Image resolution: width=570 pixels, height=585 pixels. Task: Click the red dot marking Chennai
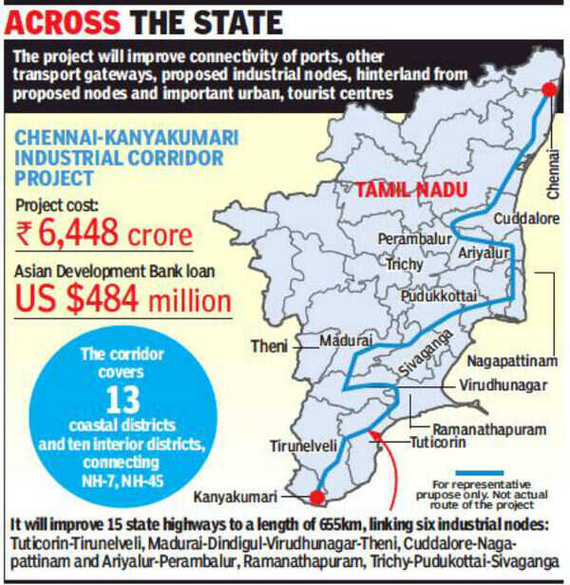(x=548, y=90)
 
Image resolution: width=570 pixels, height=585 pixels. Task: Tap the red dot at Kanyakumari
(x=316, y=496)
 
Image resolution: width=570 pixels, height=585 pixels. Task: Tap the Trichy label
(x=404, y=265)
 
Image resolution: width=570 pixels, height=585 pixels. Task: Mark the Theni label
(x=268, y=347)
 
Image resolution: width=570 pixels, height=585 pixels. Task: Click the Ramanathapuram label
(x=485, y=427)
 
